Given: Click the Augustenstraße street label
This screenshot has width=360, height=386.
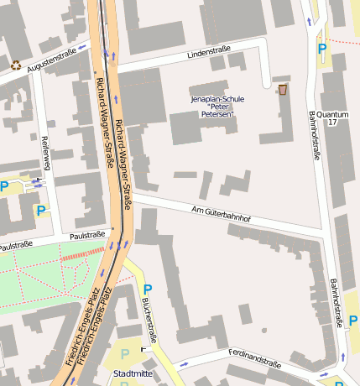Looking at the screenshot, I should coord(51,60).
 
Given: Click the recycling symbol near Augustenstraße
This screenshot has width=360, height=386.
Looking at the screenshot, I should coord(16,64).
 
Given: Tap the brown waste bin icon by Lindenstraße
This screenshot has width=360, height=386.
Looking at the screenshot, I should coord(282,88).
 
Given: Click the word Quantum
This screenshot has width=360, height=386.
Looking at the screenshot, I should coord(333,114).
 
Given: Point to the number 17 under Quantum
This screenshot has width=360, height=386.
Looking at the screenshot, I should coord(332,123).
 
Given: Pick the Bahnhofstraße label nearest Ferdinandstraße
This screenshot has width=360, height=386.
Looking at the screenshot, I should coord(337,302).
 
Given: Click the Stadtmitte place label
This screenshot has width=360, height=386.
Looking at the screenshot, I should coord(133,373).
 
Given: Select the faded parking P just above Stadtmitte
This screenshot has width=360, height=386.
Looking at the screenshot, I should coord(125,354).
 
